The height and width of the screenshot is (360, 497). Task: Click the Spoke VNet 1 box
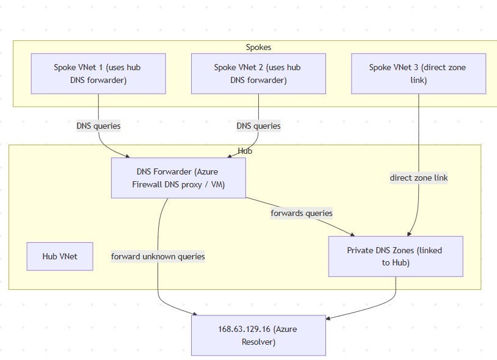(98, 73)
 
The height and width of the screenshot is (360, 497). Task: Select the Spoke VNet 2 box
(258, 73)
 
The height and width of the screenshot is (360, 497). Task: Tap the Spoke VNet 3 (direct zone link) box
(418, 73)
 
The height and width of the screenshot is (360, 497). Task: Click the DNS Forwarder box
(178, 178)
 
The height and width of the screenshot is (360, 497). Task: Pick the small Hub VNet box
(60, 256)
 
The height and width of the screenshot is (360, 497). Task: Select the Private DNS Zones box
(395, 256)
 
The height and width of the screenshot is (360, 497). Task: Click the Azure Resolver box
(258, 335)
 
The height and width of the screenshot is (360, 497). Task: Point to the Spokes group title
(258, 47)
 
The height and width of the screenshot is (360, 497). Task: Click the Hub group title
(245, 151)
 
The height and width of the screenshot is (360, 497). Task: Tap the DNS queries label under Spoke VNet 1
(98, 126)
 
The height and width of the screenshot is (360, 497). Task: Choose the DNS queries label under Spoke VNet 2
(258, 126)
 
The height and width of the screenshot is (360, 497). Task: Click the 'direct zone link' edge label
(419, 178)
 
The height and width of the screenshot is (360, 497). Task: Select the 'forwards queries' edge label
(302, 213)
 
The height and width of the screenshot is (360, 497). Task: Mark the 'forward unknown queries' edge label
(158, 256)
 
